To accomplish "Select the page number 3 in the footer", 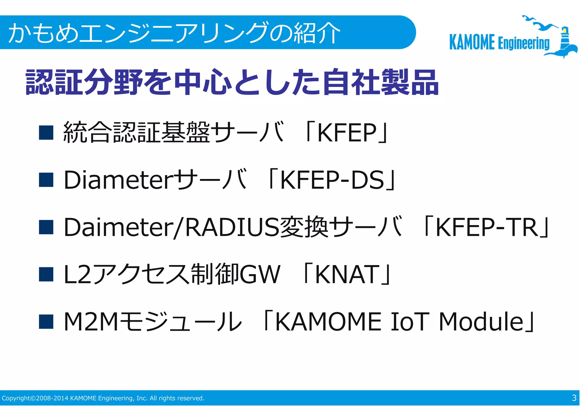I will click(574, 398).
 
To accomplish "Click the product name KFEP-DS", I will click(332, 180).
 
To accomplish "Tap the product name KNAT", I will click(347, 274).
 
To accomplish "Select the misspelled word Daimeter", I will click(118, 227).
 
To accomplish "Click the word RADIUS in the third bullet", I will click(232, 227).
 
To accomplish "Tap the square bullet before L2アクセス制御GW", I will click(46, 274).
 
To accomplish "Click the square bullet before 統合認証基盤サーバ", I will click(46, 133).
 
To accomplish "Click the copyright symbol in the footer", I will click(33, 398).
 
